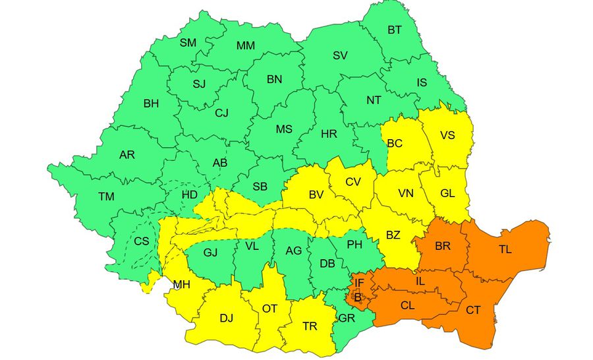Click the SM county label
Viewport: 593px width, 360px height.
pyautogui.click(x=188, y=43)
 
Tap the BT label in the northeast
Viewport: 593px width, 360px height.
pyautogui.click(x=395, y=30)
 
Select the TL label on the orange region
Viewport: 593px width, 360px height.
pyautogui.click(x=505, y=249)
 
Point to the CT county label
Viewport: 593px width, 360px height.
pyautogui.click(x=473, y=310)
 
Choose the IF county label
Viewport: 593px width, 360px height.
pyautogui.click(x=359, y=284)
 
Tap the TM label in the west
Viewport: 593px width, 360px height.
pyautogui.click(x=106, y=196)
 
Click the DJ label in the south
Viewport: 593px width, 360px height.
pyautogui.click(x=226, y=318)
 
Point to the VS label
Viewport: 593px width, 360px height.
pyautogui.click(x=447, y=135)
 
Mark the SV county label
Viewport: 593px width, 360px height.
pyautogui.click(x=340, y=55)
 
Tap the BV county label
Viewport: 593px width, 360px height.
pyautogui.click(x=316, y=195)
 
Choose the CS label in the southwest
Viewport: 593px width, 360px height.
pyautogui.click(x=142, y=241)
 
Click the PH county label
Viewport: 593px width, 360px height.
pyautogui.click(x=355, y=245)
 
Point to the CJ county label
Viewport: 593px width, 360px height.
pyautogui.click(x=222, y=113)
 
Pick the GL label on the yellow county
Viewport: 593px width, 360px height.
pyautogui.click(x=447, y=193)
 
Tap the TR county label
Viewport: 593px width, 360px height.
pyautogui.click(x=310, y=326)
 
